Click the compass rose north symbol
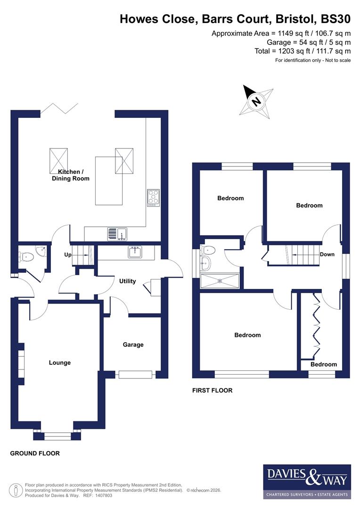point(256,101)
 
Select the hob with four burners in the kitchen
point(153,197)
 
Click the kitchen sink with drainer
point(117,233)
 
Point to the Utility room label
point(127,281)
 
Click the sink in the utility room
point(135,252)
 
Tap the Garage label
point(133,345)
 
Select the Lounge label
point(60,362)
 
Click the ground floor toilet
point(27,257)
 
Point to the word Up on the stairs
point(67,254)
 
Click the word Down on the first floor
point(327,254)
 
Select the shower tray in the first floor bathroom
point(220,281)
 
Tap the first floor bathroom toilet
point(208,250)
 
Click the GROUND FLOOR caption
point(35,453)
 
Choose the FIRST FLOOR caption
point(212,390)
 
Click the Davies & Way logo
point(307,481)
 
